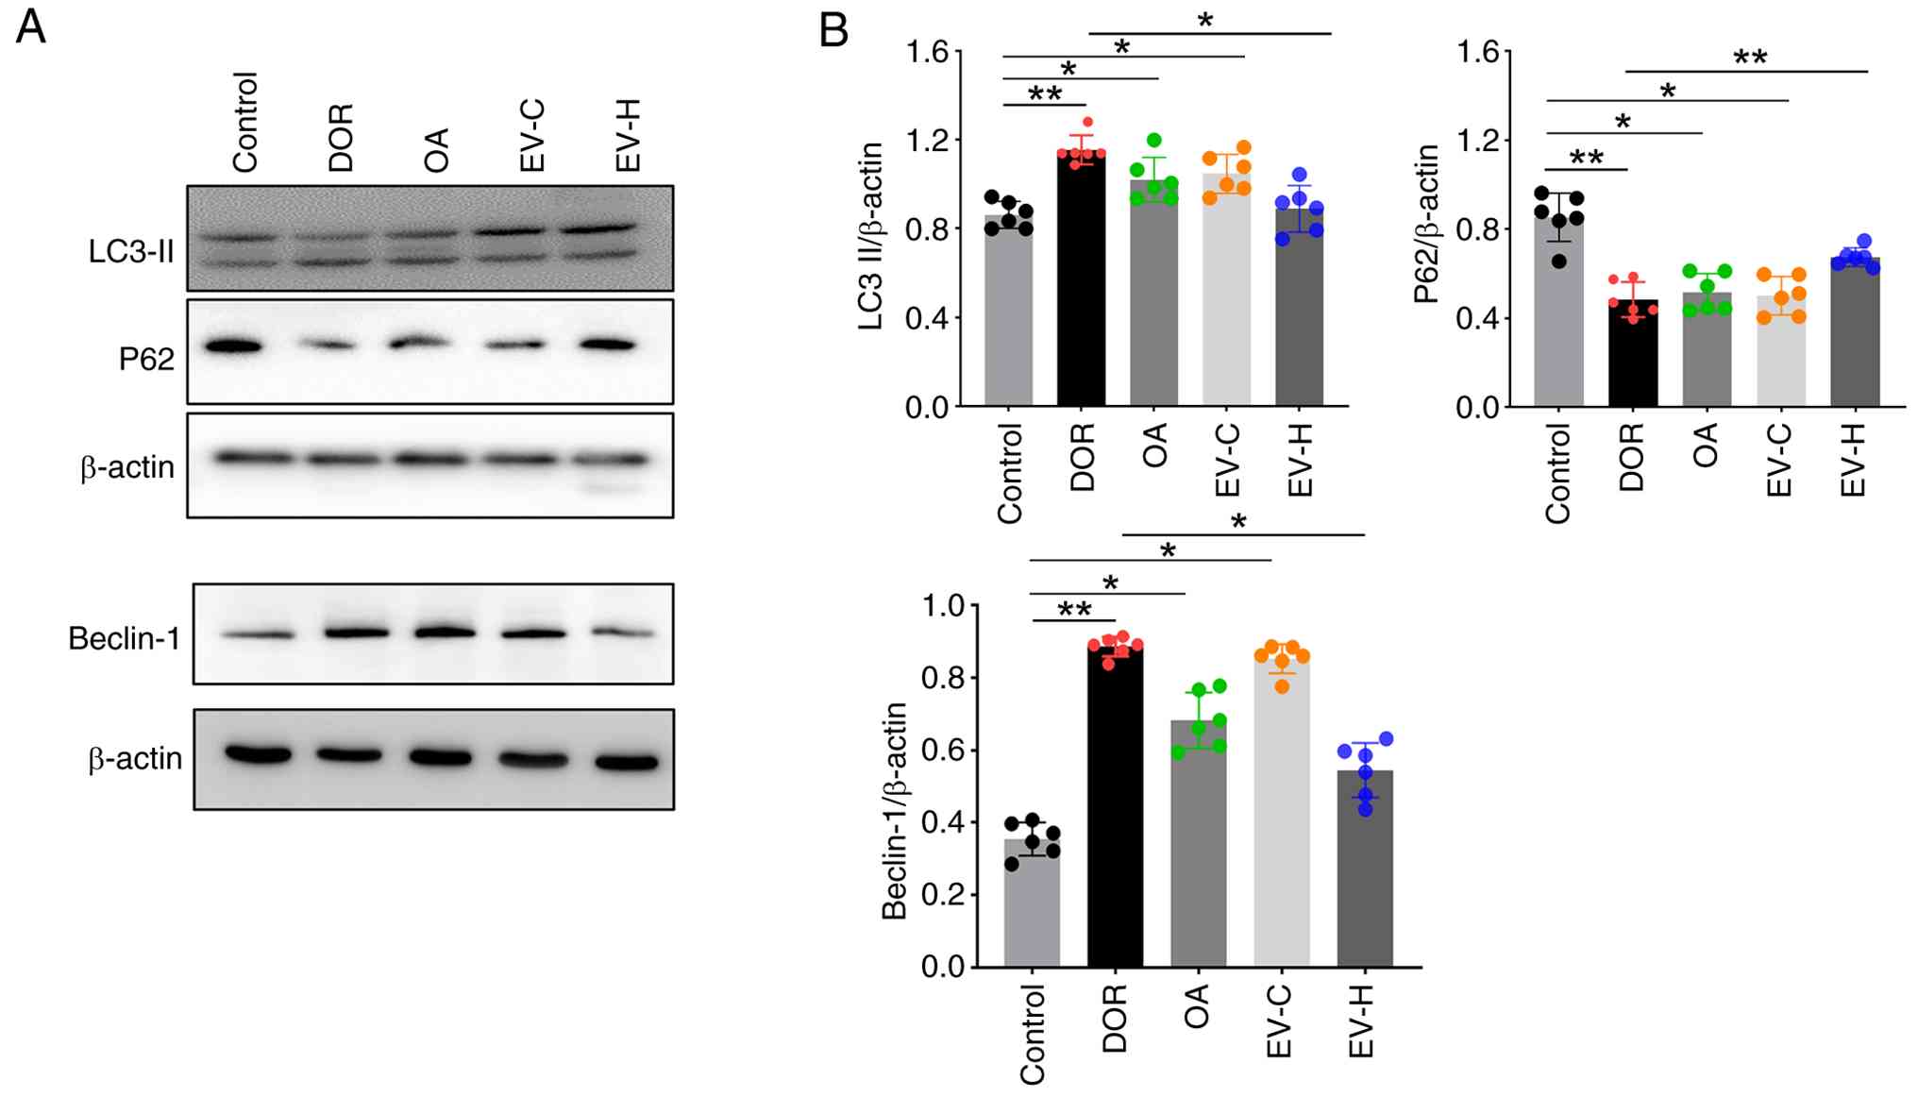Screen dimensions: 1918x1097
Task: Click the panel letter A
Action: click(30, 27)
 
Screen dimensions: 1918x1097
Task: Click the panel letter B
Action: click(833, 31)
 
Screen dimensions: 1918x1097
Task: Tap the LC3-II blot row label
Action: click(131, 251)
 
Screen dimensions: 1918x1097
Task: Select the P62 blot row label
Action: click(146, 359)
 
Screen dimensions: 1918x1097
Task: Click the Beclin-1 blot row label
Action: click(124, 638)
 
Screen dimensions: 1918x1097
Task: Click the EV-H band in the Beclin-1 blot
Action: click(621, 633)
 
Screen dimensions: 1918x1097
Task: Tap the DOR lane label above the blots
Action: click(340, 137)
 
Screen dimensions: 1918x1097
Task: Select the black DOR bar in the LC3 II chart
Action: click(1081, 278)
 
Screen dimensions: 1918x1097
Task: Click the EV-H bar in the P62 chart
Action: click(1854, 331)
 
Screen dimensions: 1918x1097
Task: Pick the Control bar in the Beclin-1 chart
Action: click(1032, 903)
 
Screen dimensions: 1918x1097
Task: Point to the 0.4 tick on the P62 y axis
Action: click(1477, 318)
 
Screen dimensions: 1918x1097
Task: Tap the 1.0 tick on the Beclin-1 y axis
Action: click(944, 605)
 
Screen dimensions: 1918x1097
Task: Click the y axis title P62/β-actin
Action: click(1426, 224)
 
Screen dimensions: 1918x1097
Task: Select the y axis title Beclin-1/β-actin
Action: click(894, 810)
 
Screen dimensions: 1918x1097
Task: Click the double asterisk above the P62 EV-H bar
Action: click(1750, 59)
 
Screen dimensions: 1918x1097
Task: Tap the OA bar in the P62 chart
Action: click(1707, 349)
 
